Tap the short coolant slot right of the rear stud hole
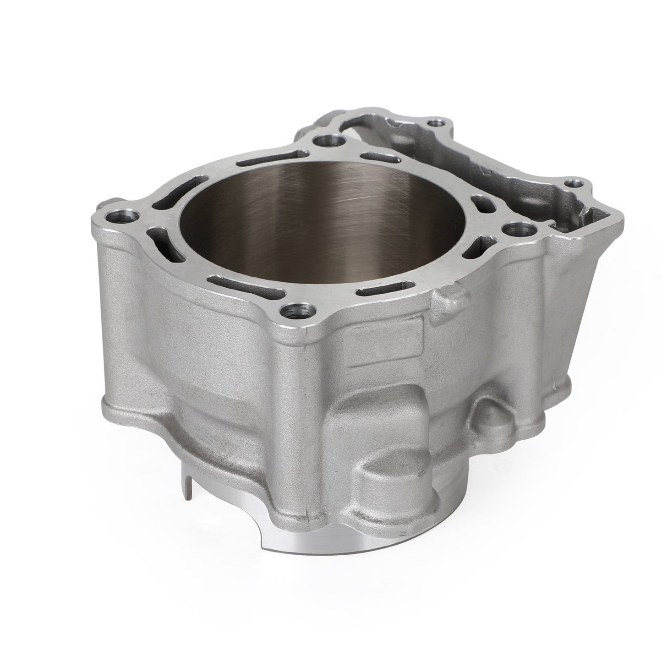click(x=378, y=157)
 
